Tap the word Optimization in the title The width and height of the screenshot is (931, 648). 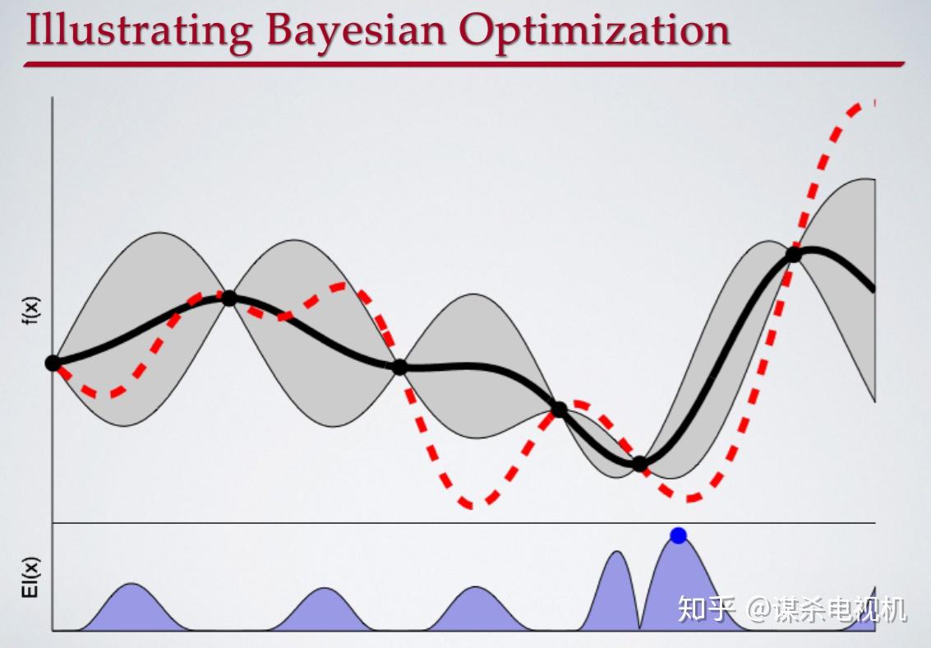(x=594, y=31)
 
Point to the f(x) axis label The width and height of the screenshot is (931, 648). (x=31, y=311)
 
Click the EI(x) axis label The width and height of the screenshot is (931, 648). (x=31, y=576)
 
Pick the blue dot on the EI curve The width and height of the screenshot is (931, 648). (x=678, y=535)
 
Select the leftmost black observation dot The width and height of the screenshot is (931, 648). (x=53, y=363)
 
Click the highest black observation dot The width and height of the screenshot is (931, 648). (x=793, y=255)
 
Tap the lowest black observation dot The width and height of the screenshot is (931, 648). (x=639, y=464)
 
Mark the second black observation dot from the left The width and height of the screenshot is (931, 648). (x=229, y=299)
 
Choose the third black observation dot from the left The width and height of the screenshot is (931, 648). (x=399, y=367)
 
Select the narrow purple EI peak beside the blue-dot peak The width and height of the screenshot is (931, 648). (x=616, y=594)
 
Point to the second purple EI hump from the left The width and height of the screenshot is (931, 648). (x=324, y=611)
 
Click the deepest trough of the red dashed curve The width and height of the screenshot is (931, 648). (x=470, y=506)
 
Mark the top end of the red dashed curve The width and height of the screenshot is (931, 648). (x=874, y=102)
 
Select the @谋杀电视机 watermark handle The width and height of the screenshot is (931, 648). (x=826, y=609)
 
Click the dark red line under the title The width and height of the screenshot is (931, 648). (x=464, y=63)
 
